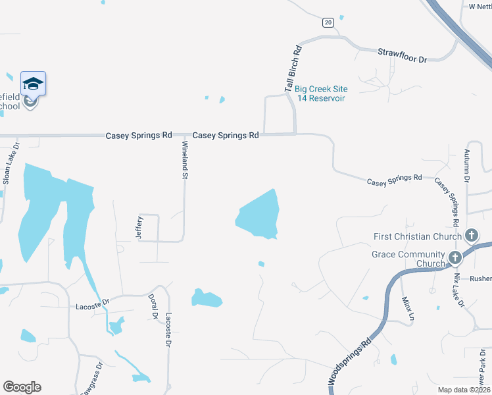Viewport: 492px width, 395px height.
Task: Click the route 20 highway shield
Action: click(x=328, y=22)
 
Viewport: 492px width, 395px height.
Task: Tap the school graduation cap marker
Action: click(x=33, y=84)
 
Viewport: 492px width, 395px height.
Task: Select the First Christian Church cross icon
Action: click(x=471, y=235)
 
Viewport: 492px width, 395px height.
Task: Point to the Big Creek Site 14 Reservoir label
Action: click(x=321, y=93)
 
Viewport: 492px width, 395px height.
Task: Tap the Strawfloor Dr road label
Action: click(x=402, y=55)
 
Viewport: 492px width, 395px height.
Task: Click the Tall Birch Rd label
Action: click(x=293, y=68)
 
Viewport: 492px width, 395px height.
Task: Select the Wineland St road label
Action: click(x=185, y=160)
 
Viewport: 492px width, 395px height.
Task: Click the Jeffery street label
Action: click(x=139, y=227)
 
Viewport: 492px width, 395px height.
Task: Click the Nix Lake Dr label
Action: click(x=458, y=290)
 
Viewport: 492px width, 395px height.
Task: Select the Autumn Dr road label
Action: click(x=466, y=165)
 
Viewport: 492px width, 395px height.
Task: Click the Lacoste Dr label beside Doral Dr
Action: click(x=168, y=330)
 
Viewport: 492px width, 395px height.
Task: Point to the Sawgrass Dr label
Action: click(x=89, y=379)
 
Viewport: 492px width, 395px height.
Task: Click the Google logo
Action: click(x=22, y=387)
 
